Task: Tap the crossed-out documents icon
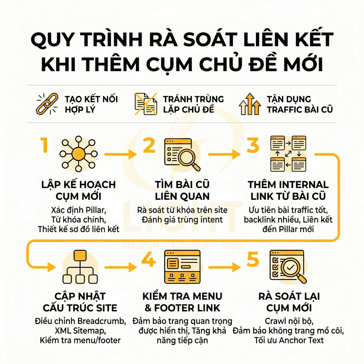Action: point(146,104)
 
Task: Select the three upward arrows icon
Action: point(250,104)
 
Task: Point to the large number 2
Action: point(149,146)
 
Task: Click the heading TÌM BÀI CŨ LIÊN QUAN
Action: point(182,190)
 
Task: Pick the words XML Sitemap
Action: point(80,331)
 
